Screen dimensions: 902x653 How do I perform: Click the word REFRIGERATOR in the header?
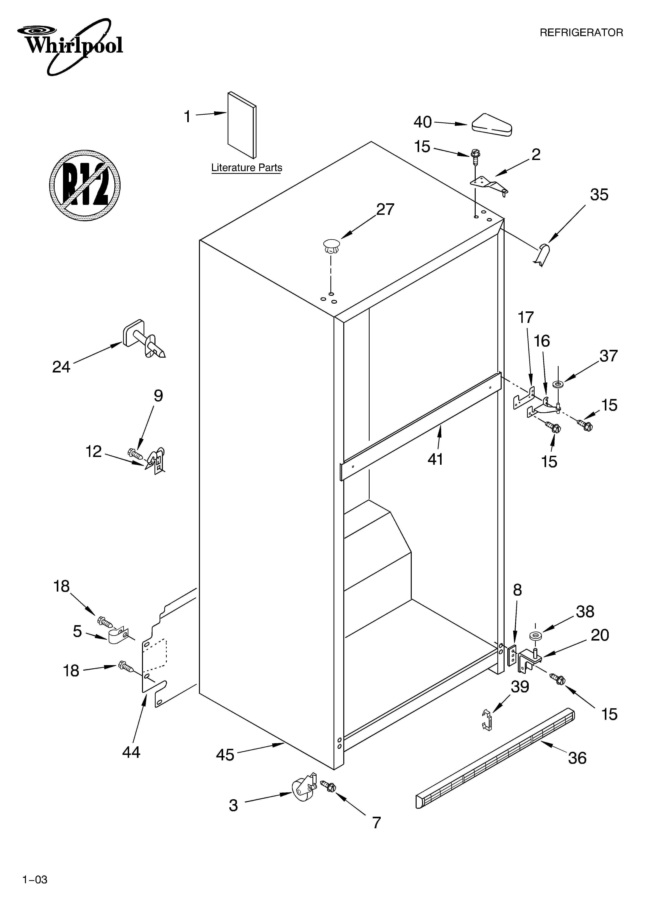[581, 33]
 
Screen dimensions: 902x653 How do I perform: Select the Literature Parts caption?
[247, 168]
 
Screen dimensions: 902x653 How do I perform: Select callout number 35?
[599, 195]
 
